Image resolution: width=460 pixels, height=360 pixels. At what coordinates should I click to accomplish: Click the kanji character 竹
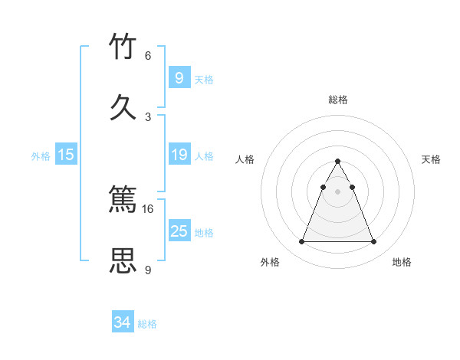click(123, 47)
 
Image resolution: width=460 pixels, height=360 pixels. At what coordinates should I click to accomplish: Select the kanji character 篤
click(123, 201)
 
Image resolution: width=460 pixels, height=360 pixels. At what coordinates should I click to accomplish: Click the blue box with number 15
click(66, 155)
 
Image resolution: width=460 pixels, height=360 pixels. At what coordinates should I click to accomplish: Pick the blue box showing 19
click(179, 155)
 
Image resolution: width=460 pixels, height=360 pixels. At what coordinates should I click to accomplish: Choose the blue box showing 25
click(179, 231)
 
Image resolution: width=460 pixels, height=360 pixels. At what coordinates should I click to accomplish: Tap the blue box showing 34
click(123, 322)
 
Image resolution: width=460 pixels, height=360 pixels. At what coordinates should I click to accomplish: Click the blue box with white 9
click(179, 77)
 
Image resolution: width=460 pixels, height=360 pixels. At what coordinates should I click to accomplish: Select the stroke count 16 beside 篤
click(148, 208)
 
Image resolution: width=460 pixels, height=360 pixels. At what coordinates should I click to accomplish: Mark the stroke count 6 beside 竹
click(148, 55)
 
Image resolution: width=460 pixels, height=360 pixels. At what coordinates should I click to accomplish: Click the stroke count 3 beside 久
click(148, 116)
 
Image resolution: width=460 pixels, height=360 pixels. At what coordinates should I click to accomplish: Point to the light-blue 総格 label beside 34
click(148, 324)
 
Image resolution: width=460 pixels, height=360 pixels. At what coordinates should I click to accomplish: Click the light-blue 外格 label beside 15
click(41, 155)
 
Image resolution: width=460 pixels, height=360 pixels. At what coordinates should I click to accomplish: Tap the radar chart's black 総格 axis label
click(338, 100)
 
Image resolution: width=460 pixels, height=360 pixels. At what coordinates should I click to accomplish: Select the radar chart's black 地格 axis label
click(402, 262)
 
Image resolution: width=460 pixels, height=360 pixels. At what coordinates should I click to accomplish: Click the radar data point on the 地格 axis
click(373, 242)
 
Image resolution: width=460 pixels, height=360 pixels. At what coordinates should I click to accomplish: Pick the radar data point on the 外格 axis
click(302, 242)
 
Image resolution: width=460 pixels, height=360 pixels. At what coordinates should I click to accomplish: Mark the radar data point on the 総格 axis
click(338, 161)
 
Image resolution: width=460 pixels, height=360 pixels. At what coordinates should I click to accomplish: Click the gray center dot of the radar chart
click(338, 191)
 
